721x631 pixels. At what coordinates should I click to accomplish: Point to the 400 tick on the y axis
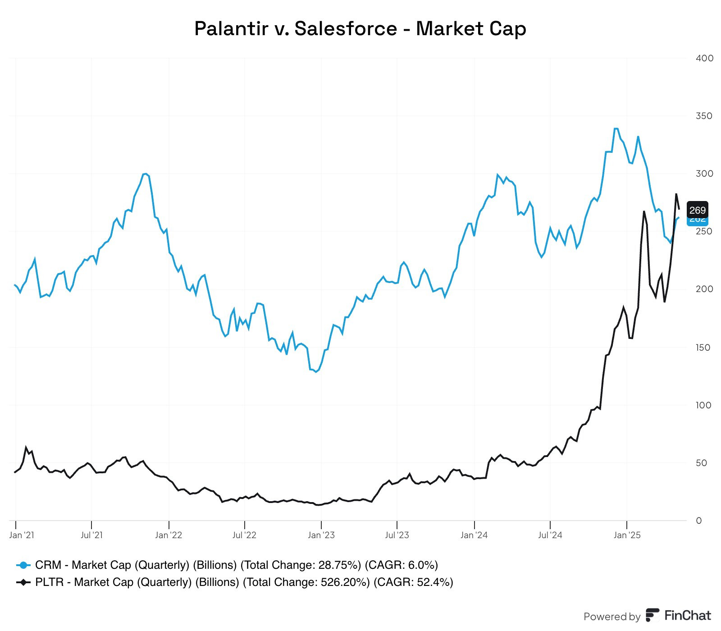704,58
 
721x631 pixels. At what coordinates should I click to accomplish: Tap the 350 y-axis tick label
704,116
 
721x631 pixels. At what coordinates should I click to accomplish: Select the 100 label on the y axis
703,405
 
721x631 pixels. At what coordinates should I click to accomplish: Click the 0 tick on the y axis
699,521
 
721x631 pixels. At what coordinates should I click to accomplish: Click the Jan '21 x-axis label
22,535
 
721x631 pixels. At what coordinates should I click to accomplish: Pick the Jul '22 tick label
244,535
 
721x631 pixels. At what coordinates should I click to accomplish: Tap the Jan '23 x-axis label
321,535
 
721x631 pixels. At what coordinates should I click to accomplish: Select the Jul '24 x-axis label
550,535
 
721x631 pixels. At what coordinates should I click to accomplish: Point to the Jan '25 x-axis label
627,535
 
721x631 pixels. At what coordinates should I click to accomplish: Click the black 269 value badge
697,210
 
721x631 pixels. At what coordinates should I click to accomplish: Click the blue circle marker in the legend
23,565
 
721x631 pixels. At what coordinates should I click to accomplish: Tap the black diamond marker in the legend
23,582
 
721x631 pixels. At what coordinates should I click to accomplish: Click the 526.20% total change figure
342,582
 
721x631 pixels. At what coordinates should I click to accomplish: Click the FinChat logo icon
652,615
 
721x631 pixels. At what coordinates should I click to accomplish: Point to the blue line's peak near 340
616,129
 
